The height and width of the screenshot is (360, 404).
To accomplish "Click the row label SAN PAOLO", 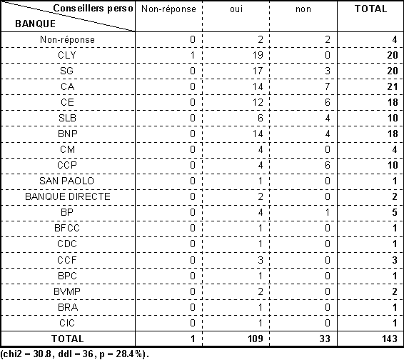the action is click(x=66, y=181).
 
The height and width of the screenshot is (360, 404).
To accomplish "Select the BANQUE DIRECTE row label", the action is click(x=68, y=196).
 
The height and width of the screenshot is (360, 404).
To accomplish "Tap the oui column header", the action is click(x=236, y=9).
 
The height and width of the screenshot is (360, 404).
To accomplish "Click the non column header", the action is click(x=303, y=9).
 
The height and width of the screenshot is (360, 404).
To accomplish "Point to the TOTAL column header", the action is click(x=370, y=9).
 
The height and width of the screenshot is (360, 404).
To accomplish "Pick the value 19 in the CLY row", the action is click(x=258, y=55).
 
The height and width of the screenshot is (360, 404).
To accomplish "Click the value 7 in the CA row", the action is click(x=327, y=86).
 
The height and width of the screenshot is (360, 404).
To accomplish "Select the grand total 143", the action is click(x=390, y=339).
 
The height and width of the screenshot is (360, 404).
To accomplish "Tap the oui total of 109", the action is click(x=256, y=339).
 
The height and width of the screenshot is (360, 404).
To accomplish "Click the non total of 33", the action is click(x=325, y=339).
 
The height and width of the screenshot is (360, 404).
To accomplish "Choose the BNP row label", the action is click(x=68, y=134).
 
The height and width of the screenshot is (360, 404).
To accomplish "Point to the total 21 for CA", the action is click(x=393, y=86).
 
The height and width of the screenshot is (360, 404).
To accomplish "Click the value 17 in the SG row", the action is click(x=258, y=71).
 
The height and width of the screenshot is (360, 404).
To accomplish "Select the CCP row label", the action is click(x=67, y=165).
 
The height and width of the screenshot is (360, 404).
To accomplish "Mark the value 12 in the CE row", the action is click(x=258, y=102).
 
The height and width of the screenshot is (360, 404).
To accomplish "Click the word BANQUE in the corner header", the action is click(x=35, y=24).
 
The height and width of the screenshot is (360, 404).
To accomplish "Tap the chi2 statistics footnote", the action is click(x=74, y=354).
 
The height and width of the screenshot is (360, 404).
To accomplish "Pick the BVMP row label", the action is click(x=67, y=291).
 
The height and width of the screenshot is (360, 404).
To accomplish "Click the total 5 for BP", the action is click(x=395, y=212).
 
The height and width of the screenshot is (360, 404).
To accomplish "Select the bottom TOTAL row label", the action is click(x=68, y=339).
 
